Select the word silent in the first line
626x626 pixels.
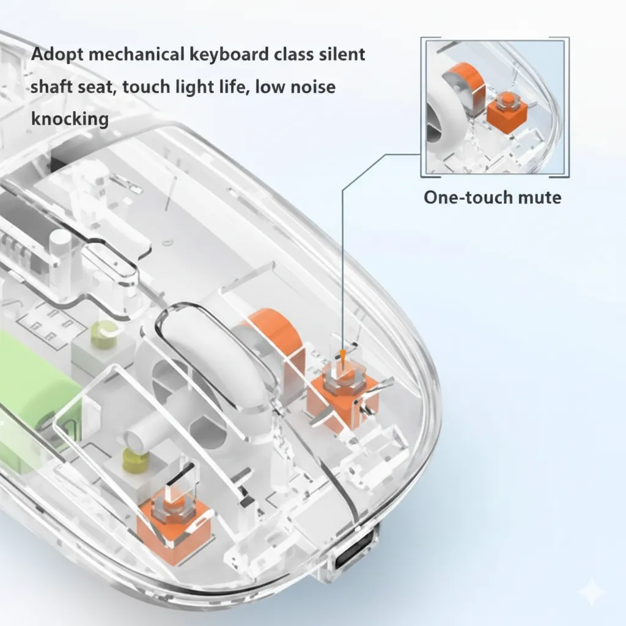pyautogui.click(x=342, y=54)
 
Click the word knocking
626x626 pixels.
pyautogui.click(x=70, y=119)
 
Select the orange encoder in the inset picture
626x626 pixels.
pyautogui.click(x=464, y=84)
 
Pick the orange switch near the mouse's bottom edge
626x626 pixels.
pyautogui.click(x=173, y=523)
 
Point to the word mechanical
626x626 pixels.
pyautogui.click(x=136, y=54)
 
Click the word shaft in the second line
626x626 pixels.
pyautogui.click(x=51, y=87)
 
